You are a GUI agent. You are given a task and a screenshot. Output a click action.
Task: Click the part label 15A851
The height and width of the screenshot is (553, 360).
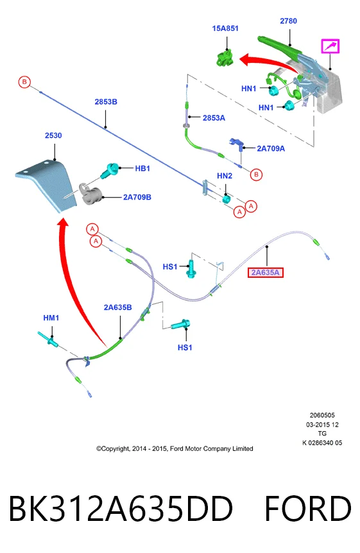click(x=225, y=28)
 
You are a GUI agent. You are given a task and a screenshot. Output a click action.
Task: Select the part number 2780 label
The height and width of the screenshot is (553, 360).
click(x=288, y=21)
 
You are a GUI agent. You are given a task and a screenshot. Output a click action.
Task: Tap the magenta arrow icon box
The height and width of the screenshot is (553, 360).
click(x=330, y=46)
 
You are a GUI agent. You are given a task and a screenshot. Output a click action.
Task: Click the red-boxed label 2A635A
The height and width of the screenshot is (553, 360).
click(x=266, y=272)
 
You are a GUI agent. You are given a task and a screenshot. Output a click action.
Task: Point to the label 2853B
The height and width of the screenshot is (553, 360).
click(x=106, y=101)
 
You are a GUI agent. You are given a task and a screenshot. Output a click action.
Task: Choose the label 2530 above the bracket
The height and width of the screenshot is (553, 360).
click(x=53, y=135)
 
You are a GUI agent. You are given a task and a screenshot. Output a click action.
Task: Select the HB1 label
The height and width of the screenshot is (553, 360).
click(x=142, y=169)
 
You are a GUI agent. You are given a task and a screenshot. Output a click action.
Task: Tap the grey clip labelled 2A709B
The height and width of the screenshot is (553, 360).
click(x=90, y=194)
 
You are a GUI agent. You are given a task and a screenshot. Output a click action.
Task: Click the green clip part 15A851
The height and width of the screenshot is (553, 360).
click(x=225, y=58)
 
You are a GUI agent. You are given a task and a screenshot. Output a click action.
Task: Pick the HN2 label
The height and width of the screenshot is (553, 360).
click(x=225, y=176)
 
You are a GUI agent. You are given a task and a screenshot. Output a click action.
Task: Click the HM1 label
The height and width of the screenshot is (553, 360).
click(x=51, y=318)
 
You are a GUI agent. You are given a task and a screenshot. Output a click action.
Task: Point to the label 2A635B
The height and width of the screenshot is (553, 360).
click(x=118, y=307)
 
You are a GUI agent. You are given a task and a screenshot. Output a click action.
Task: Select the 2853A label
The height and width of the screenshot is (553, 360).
click(x=214, y=118)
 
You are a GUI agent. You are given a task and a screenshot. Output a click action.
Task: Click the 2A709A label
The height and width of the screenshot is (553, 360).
click(x=271, y=148)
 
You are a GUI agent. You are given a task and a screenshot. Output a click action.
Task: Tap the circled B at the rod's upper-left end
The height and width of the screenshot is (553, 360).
click(x=24, y=82)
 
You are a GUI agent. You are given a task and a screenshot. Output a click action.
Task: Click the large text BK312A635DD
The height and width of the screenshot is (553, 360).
click(x=121, y=509)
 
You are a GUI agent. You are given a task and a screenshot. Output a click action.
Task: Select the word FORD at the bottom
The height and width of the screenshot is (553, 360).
click(x=308, y=509)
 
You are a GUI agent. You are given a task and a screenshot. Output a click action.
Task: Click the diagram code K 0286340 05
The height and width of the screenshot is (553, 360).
click(x=322, y=443)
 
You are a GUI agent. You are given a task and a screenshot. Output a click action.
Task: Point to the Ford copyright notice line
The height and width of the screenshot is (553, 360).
click(x=175, y=448)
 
